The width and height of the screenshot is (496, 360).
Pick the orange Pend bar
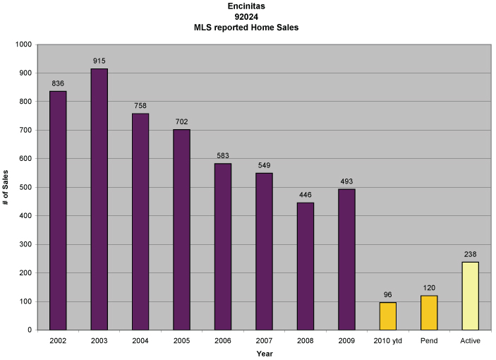(429, 313)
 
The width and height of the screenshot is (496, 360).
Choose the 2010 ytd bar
(387, 316)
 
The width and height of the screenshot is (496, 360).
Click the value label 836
(58, 84)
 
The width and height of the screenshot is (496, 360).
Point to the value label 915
(99, 61)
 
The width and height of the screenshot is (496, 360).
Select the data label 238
(470, 254)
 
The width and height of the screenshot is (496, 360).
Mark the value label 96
(387, 295)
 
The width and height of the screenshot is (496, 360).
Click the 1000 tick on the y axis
(24, 44)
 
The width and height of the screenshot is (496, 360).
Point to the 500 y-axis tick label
(26, 187)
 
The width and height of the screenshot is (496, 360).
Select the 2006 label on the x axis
(223, 341)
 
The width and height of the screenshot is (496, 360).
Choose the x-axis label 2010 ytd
(387, 341)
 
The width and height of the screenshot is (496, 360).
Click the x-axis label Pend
(429, 341)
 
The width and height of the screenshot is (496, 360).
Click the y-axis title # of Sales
(6, 187)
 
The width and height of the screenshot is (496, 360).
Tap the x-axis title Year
(264, 354)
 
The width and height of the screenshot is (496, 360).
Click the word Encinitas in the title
(247, 6)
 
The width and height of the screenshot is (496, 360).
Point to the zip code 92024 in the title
(247, 16)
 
